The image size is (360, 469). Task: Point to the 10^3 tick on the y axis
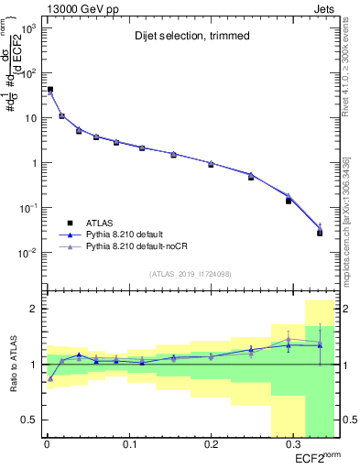click(30, 28)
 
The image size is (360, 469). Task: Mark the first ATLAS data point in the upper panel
click(49, 90)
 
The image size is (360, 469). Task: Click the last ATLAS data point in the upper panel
click(320, 233)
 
